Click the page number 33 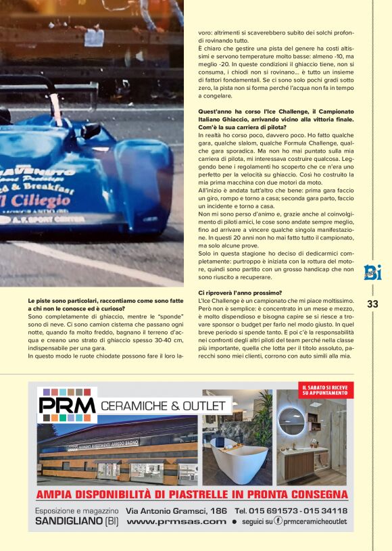tap(372, 304)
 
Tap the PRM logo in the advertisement tap(68, 405)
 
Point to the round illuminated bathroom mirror tap(292, 420)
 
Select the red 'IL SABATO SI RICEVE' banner tap(325, 389)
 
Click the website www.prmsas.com tap(176, 522)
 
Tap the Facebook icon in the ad tap(278, 522)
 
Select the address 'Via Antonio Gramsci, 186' tap(176, 511)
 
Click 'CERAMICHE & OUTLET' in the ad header tap(162, 406)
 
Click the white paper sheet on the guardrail tap(93, 37)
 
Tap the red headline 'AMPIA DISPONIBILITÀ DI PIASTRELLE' tap(192, 494)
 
